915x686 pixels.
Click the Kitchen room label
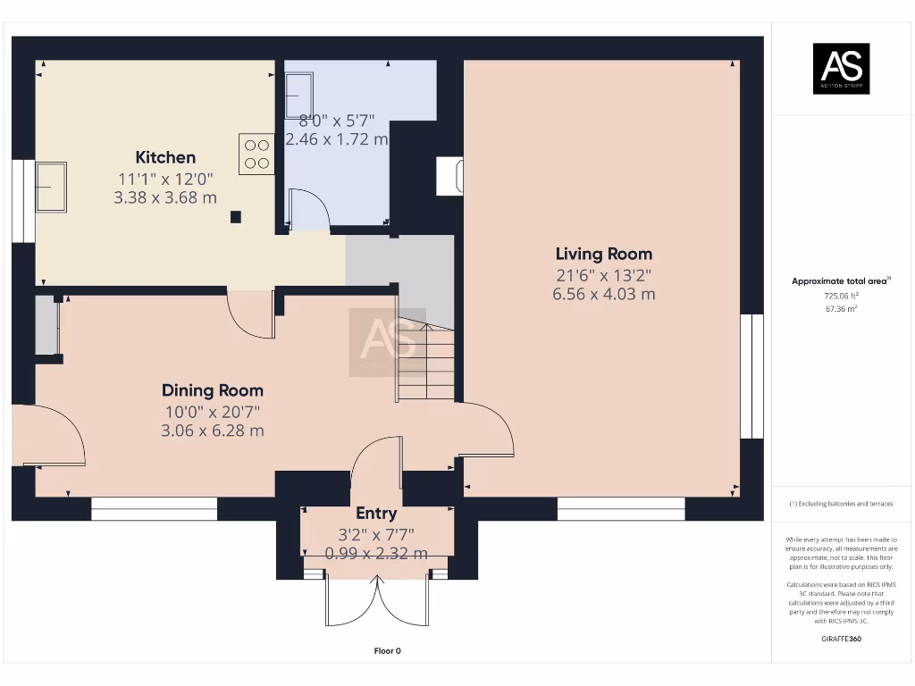(165, 157)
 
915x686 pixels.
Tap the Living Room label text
(604, 254)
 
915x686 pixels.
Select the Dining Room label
(213, 390)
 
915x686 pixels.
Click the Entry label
(376, 514)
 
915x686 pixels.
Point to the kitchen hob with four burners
(256, 154)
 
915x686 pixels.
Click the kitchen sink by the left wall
(51, 187)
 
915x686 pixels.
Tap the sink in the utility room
(298, 96)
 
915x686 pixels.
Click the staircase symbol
(426, 361)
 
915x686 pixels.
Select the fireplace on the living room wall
(449, 176)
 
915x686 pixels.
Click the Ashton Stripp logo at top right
(841, 69)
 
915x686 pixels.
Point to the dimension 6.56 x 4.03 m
(604, 294)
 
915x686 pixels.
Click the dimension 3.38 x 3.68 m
(165, 197)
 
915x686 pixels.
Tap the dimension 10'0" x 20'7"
(213, 411)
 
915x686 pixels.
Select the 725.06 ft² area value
(841, 295)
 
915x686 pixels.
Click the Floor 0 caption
(387, 651)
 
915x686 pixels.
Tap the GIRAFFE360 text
(841, 640)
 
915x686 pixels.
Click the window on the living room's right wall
(751, 376)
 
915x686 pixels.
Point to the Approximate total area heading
(840, 281)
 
